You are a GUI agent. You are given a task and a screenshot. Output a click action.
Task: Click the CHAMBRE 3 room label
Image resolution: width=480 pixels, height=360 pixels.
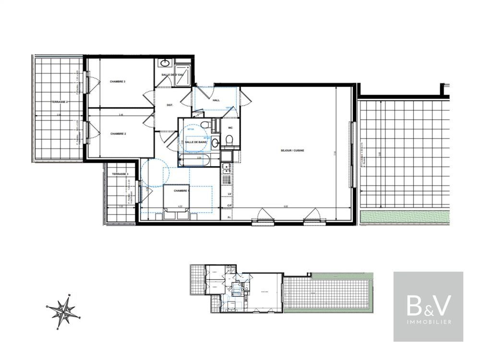(118, 82)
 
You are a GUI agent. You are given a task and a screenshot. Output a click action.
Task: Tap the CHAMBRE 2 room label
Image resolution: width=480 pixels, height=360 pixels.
(118, 134)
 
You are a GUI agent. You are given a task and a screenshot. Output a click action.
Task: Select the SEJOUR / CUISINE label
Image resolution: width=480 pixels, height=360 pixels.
(293, 150)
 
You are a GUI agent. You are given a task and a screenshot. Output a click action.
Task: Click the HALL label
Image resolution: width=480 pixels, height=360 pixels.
(216, 100)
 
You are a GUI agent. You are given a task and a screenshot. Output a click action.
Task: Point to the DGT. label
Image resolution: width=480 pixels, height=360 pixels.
(169, 105)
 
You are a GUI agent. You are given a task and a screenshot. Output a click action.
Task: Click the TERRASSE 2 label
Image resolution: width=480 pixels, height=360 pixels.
(60, 102)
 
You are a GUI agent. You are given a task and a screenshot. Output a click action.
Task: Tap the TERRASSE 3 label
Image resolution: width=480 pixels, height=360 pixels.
(118, 174)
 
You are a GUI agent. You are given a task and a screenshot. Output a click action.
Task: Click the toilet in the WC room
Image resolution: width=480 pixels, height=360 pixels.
(229, 140)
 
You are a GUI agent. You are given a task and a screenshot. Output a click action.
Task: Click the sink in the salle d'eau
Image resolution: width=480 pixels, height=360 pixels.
(166, 63)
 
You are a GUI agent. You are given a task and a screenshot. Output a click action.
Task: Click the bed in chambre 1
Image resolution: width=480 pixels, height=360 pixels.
(176, 202)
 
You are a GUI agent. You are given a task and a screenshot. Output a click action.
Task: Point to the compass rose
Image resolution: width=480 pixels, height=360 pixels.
(65, 311)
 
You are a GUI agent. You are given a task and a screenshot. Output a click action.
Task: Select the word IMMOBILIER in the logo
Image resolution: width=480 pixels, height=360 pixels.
(428, 322)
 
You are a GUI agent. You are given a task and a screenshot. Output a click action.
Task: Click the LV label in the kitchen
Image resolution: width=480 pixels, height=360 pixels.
(229, 194)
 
